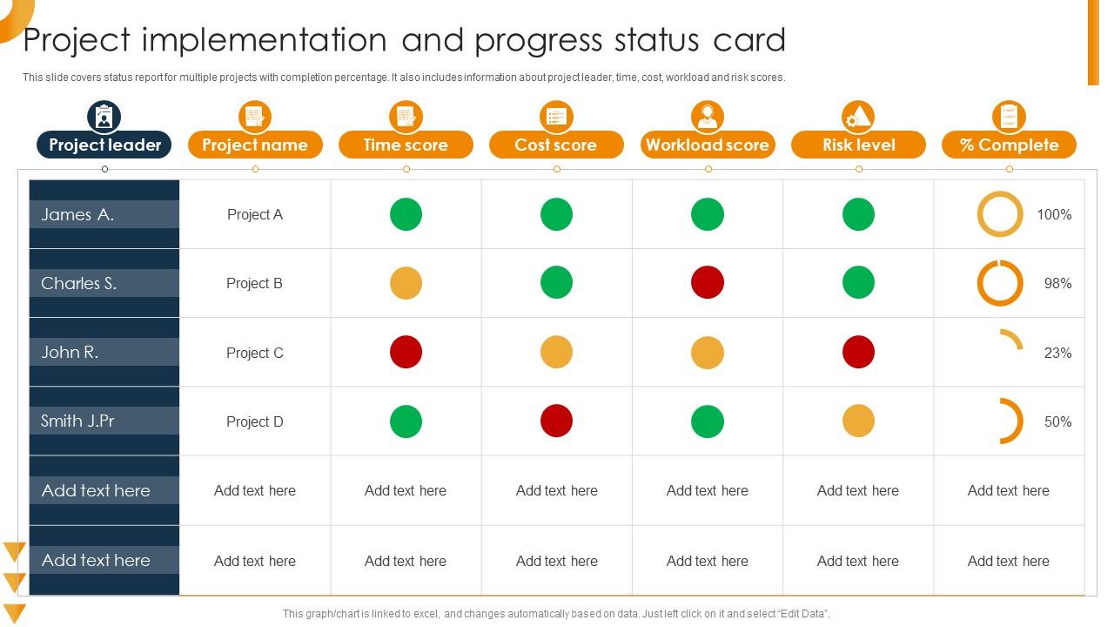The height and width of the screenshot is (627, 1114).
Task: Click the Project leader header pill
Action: [x=104, y=145]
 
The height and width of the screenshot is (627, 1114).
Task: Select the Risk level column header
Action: [x=858, y=145]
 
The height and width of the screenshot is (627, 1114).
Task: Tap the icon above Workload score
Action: [x=708, y=116]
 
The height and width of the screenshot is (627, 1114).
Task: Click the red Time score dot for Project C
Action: [x=406, y=353]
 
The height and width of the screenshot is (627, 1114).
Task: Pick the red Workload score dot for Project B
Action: [x=708, y=283]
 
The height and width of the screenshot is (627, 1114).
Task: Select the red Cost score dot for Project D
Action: [x=556, y=421]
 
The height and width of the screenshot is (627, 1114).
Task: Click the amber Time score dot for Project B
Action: [x=406, y=283]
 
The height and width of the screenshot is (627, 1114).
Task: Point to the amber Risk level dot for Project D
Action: [x=858, y=421]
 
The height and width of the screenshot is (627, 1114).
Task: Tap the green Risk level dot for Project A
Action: [x=858, y=214]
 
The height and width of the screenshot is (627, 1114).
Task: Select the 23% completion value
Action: [x=1057, y=353]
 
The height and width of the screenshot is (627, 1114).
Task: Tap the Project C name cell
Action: [x=255, y=353]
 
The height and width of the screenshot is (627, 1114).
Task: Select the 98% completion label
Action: [x=1057, y=283]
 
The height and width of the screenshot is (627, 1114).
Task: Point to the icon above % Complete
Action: [x=1009, y=116]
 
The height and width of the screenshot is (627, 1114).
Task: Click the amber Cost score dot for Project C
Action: [x=556, y=353]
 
